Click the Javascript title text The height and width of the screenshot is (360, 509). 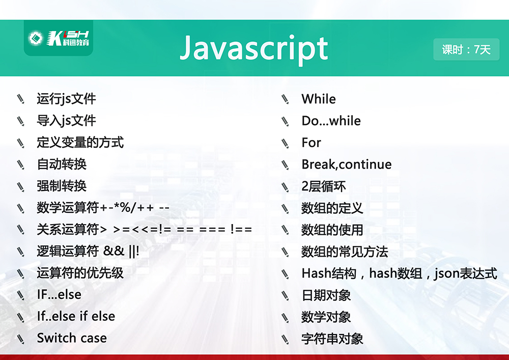click(x=254, y=49)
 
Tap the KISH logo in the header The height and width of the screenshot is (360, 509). click(x=59, y=38)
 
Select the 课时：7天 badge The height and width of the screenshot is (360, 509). click(x=466, y=49)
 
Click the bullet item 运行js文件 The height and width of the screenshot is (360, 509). click(x=66, y=99)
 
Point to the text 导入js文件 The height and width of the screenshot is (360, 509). click(x=66, y=121)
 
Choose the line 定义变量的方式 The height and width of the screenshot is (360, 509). click(x=80, y=143)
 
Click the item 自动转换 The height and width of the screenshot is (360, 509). click(x=62, y=164)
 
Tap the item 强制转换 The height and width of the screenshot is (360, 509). click(x=62, y=186)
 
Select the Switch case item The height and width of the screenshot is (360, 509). click(x=72, y=338)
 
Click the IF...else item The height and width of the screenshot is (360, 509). click(x=59, y=294)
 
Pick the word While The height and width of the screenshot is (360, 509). click(x=319, y=99)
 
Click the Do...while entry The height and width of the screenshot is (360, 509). click(x=331, y=121)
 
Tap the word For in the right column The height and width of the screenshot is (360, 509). click(x=312, y=143)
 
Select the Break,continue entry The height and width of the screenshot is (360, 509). click(x=347, y=164)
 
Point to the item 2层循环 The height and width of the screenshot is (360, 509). click(x=324, y=186)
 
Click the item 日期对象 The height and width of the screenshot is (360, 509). click(x=326, y=295)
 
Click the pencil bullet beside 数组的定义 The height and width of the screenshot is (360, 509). click(x=285, y=208)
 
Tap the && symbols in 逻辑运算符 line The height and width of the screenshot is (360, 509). click(x=114, y=251)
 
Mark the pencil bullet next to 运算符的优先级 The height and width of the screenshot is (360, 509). click(x=20, y=273)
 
